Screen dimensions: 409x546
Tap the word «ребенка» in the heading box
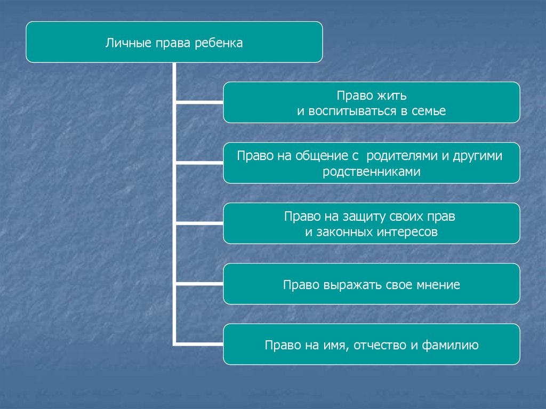point(219,43)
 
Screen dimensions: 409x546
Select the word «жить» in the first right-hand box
point(395,97)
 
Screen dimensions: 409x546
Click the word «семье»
point(429,111)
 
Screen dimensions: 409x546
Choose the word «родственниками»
point(371,172)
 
